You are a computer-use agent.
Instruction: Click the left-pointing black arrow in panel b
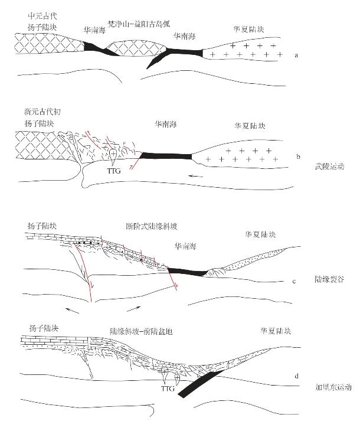tap(198, 175)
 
